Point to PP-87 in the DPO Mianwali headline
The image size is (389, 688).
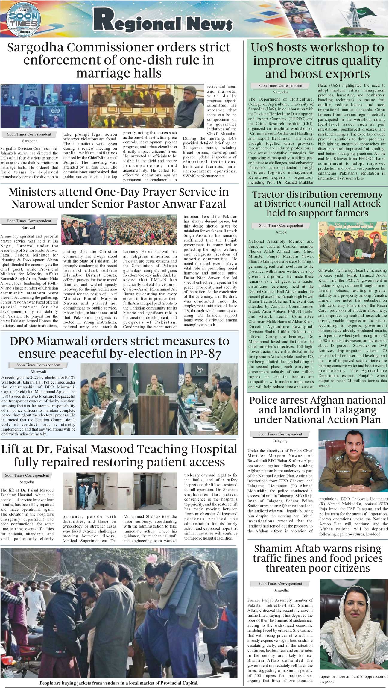205,354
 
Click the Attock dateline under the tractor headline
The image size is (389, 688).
281,232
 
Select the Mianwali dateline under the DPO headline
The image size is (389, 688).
38,372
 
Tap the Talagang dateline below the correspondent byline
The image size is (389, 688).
280,441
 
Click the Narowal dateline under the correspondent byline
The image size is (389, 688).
29,228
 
